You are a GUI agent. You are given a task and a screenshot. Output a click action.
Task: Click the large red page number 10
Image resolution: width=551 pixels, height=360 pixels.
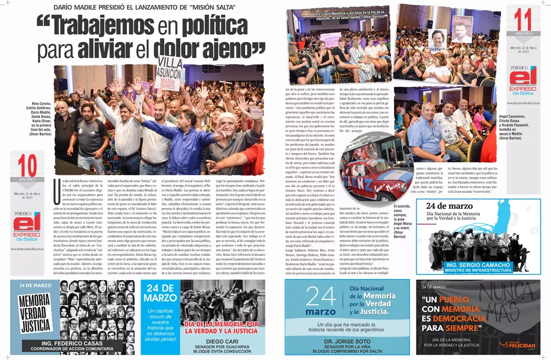(x=28, y=165)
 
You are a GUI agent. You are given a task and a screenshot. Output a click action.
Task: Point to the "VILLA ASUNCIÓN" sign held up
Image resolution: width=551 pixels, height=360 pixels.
(x=170, y=71)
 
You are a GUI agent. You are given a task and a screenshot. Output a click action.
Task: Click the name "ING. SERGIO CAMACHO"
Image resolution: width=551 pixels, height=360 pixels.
(x=478, y=265)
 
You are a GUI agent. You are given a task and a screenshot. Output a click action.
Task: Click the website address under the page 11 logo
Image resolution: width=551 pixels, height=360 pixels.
(x=522, y=103)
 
